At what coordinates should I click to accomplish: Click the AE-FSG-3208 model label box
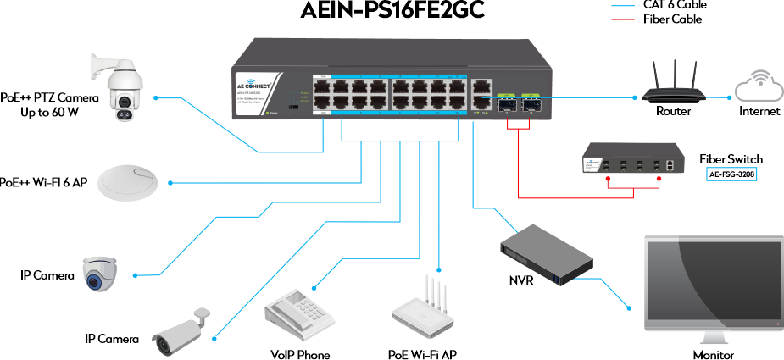[731, 174]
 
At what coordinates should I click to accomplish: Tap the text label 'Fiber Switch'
[731, 159]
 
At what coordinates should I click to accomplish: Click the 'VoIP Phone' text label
[300, 354]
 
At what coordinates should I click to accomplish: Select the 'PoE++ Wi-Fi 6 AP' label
[42, 181]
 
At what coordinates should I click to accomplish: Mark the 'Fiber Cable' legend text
[672, 19]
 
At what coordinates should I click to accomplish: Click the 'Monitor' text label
[713, 354]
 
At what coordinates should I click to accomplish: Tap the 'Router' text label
[674, 111]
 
